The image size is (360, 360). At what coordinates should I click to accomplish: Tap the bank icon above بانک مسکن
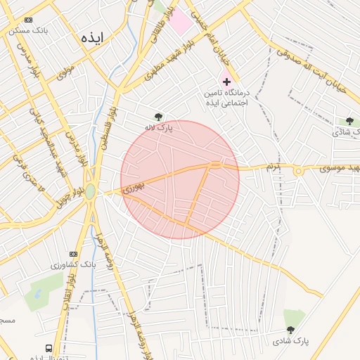pos(28,20)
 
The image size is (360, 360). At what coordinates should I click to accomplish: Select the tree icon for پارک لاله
pos(158,117)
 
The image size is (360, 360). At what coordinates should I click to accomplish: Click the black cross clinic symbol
pos(226,82)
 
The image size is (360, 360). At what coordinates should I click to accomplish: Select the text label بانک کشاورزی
pos(72,266)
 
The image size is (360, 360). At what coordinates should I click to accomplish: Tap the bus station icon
pos(49,348)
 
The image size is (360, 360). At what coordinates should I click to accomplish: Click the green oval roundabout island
pos(90,191)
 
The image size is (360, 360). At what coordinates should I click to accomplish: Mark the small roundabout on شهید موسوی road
pos(298,170)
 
